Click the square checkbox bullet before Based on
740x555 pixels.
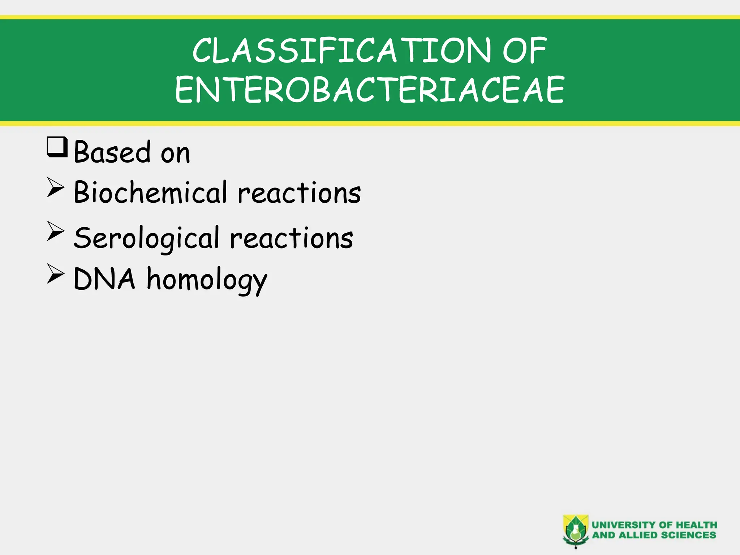(57, 147)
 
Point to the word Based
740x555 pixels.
(112, 152)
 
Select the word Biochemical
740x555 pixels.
(150, 192)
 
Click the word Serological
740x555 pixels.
(147, 238)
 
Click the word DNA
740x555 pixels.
(104, 279)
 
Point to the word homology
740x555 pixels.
(207, 280)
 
